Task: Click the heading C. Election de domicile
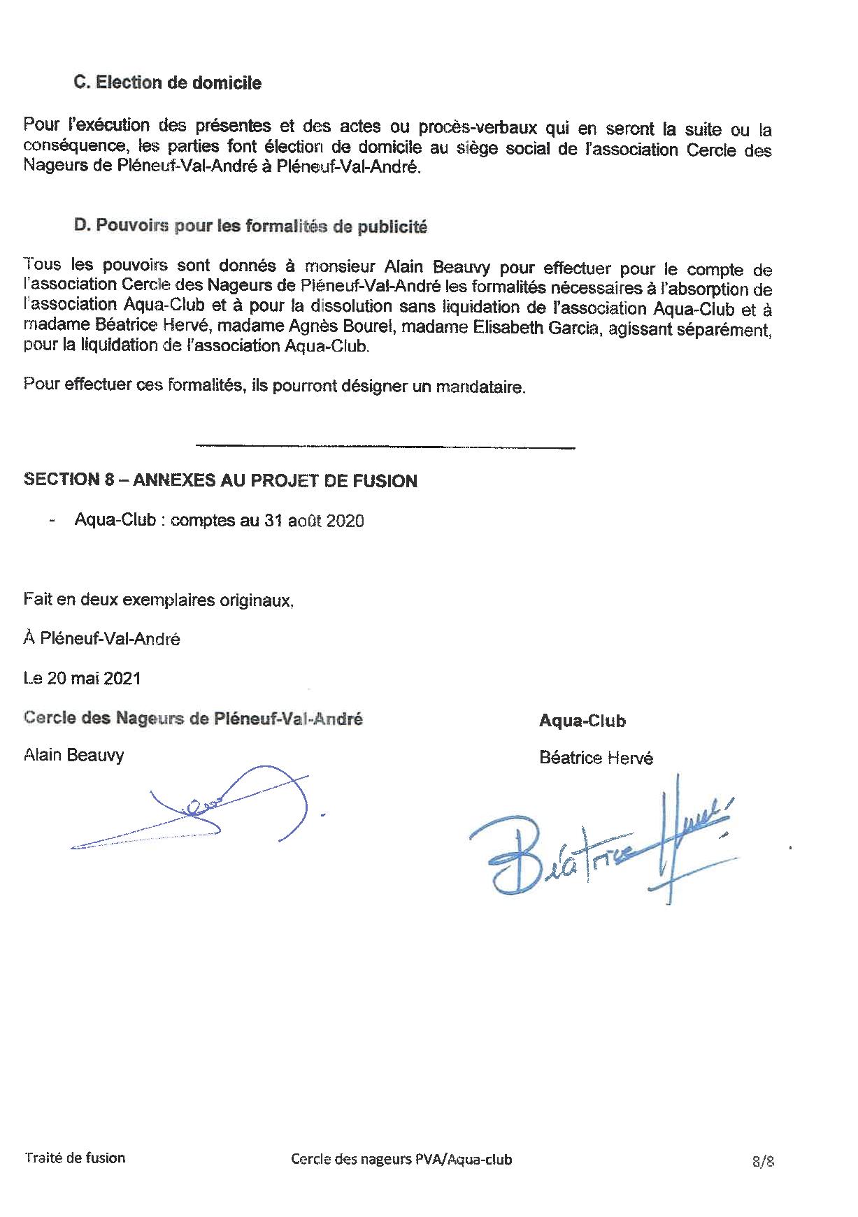(x=168, y=82)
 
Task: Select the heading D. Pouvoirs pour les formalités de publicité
(x=250, y=226)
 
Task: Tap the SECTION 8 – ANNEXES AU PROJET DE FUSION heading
(x=220, y=480)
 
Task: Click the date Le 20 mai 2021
(x=82, y=678)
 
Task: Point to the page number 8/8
(x=764, y=1161)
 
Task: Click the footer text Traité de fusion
(x=75, y=1157)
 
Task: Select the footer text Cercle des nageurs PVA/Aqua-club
(x=401, y=1159)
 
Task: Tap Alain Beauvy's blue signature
(x=210, y=811)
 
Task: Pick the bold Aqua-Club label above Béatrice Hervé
(x=582, y=721)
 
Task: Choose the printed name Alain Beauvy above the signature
(x=73, y=755)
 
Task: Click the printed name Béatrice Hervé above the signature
(x=596, y=758)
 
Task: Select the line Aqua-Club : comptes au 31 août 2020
(x=219, y=521)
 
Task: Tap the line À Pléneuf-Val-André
(x=101, y=638)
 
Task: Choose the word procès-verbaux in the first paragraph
(x=477, y=128)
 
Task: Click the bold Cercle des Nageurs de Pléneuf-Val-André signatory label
(x=193, y=719)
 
